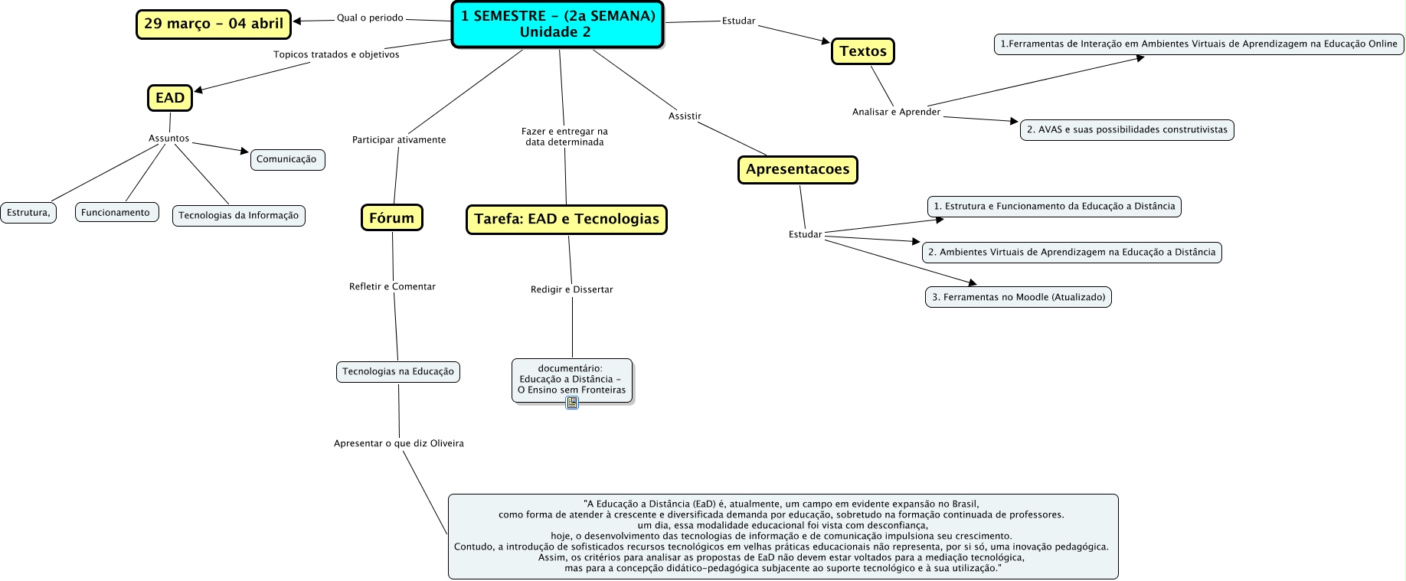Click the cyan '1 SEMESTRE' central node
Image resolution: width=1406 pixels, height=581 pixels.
[557, 24]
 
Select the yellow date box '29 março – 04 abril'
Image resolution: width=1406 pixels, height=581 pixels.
[214, 24]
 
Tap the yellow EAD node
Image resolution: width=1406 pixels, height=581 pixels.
[170, 98]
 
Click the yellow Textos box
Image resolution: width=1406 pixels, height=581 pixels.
[862, 51]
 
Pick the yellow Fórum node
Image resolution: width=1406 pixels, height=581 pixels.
[391, 218]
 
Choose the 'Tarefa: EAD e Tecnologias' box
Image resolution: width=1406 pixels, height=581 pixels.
[566, 219]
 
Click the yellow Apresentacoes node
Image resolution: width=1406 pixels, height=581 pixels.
[797, 169]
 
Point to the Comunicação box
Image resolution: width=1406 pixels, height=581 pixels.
[287, 159]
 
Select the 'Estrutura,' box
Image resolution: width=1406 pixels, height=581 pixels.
[28, 213]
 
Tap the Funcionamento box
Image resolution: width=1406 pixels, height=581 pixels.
[116, 213]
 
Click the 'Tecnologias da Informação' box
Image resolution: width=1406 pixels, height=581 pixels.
[239, 216]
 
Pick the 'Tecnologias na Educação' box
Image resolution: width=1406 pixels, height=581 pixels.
[398, 372]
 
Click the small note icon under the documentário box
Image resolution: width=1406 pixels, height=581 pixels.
[572, 403]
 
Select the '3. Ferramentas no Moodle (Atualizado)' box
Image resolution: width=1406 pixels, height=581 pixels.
[1018, 297]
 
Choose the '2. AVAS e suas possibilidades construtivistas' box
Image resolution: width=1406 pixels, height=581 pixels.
[1126, 130]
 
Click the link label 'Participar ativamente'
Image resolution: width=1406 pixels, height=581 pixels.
[399, 140]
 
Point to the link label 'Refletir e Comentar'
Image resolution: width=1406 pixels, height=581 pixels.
[392, 287]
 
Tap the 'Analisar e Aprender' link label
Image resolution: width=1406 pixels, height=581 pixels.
[896, 112]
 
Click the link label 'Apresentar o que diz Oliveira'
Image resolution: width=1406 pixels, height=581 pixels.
[399, 444]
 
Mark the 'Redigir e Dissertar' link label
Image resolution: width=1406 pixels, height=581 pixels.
[572, 290]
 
